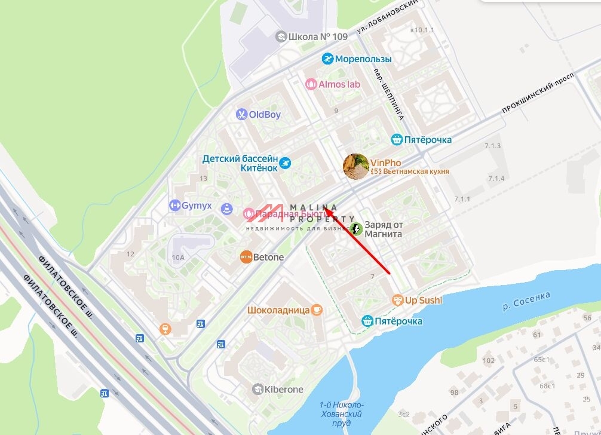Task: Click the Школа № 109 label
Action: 317,36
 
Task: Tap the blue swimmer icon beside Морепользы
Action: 327,59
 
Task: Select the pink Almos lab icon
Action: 311,84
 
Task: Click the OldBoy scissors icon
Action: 241,114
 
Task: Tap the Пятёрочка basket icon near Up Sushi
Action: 367,321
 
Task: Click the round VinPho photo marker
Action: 355,166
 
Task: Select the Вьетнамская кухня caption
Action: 410,171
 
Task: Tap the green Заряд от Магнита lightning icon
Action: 357,229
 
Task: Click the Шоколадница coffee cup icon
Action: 317,310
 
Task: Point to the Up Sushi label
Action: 424,300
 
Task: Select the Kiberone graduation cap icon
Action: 257,390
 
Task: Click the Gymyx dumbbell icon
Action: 174,206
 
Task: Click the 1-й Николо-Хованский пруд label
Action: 341,413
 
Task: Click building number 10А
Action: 178,258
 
